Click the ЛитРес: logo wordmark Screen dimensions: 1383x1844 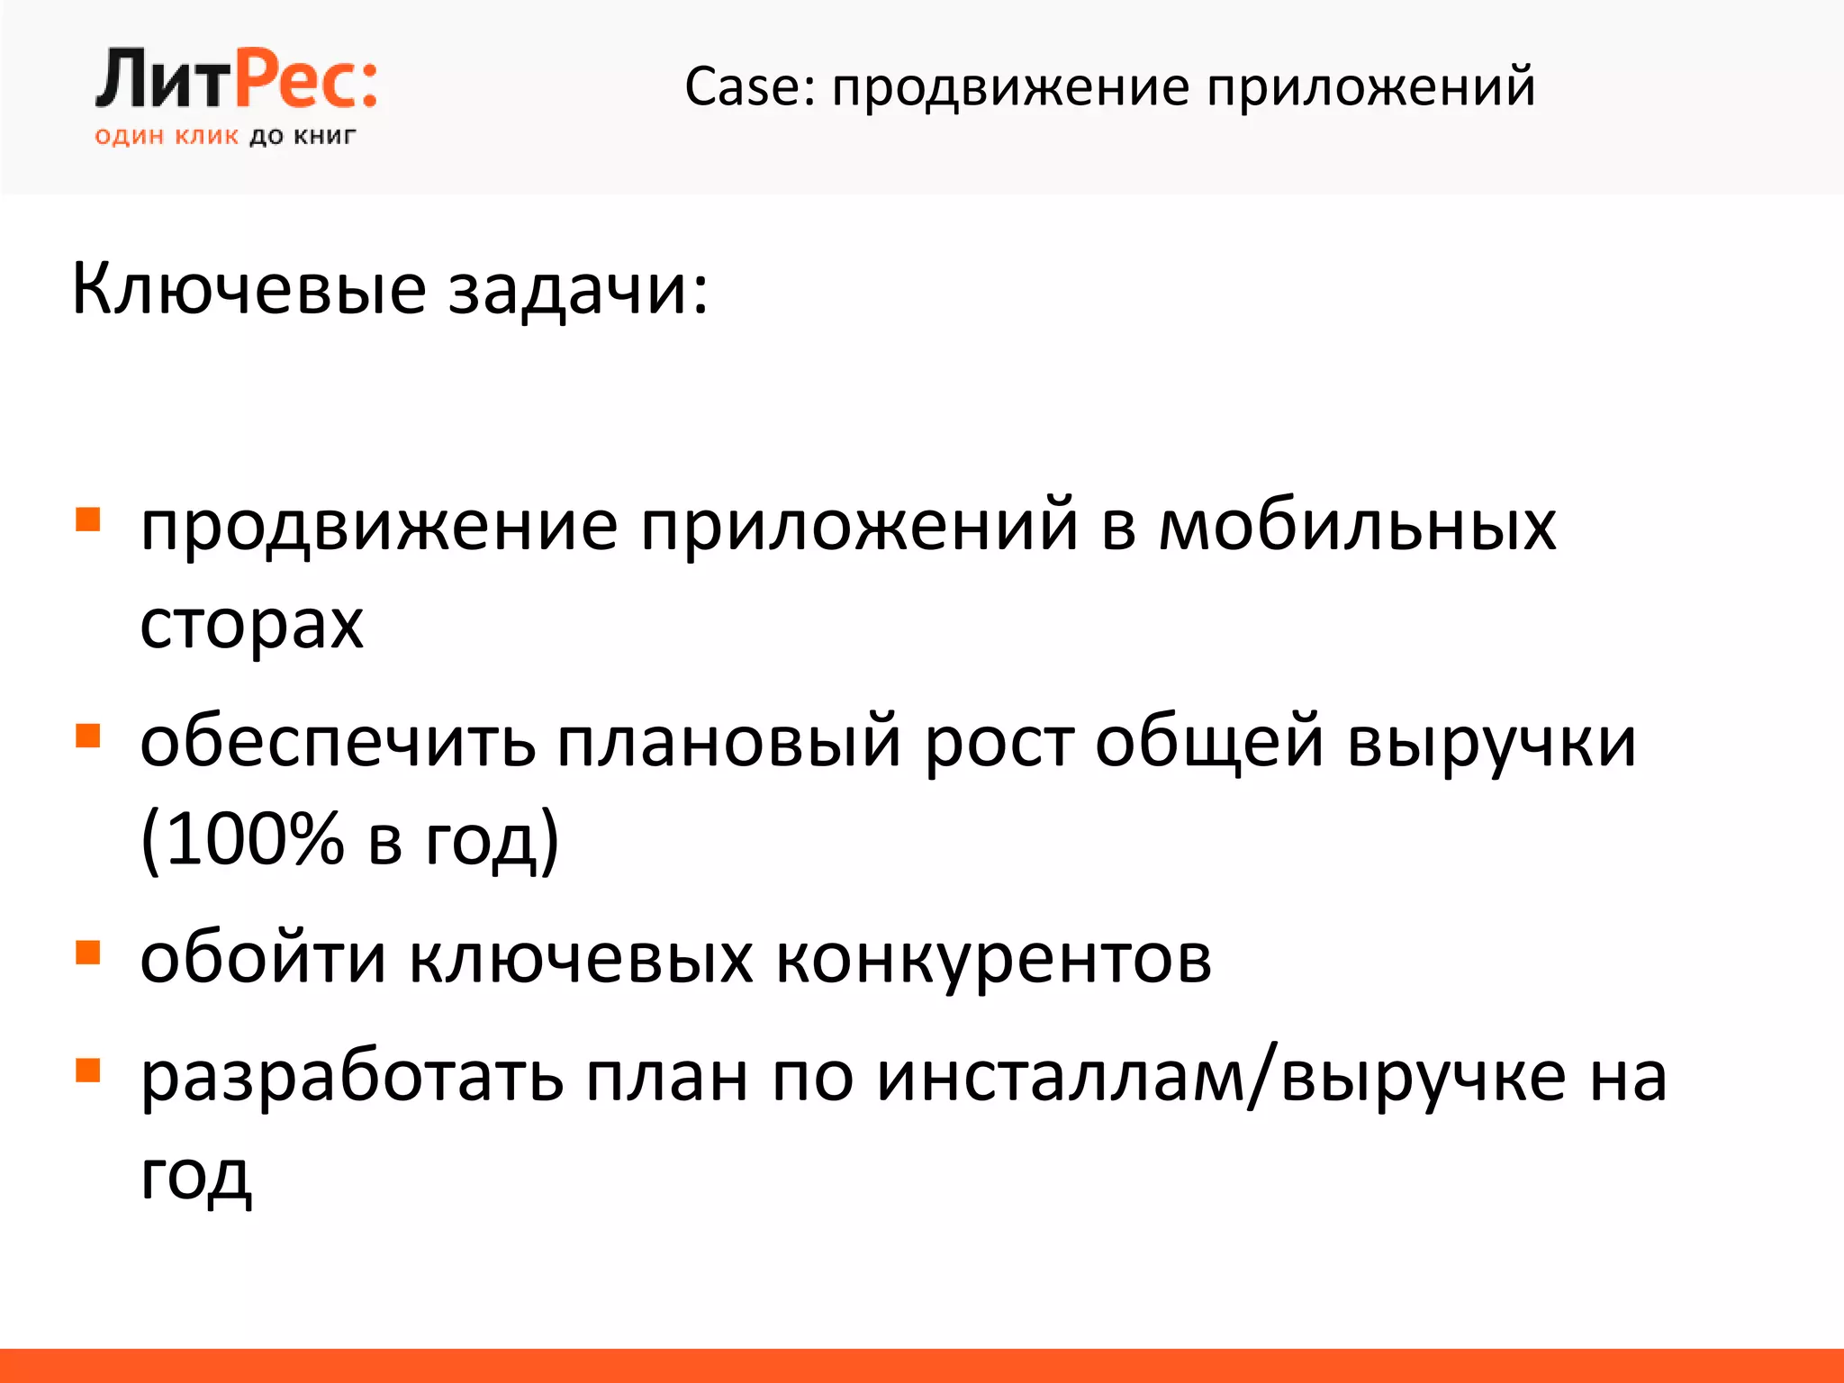coord(236,80)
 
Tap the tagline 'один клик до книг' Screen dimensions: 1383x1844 coord(225,137)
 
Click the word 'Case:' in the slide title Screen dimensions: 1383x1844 coord(749,87)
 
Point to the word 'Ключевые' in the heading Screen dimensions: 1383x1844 coord(249,290)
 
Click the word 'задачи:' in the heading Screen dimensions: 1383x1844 coord(578,290)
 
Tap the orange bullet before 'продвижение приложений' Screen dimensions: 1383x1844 coord(87,520)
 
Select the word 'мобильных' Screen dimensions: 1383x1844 coord(1357,526)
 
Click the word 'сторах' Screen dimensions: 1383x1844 coord(251,623)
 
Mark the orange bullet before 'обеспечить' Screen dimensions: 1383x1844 coord(87,737)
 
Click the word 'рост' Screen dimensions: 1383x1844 coord(999,744)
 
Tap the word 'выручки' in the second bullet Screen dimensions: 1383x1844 coord(1491,744)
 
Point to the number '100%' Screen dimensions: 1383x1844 coord(255,839)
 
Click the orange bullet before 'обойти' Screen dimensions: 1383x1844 coord(87,953)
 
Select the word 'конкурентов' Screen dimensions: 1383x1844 coord(993,958)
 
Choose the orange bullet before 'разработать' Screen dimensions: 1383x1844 coord(87,1070)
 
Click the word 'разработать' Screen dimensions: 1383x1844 coord(352,1077)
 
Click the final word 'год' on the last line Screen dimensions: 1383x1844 coord(195,1176)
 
